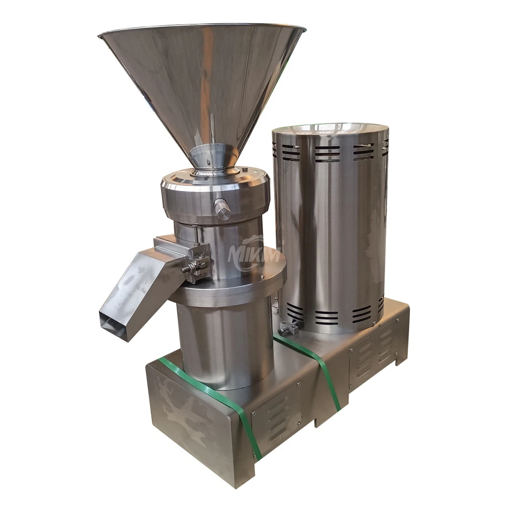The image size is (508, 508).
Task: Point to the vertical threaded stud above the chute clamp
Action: pos(196,235)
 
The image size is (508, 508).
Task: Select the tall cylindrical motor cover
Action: pos(330,229)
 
